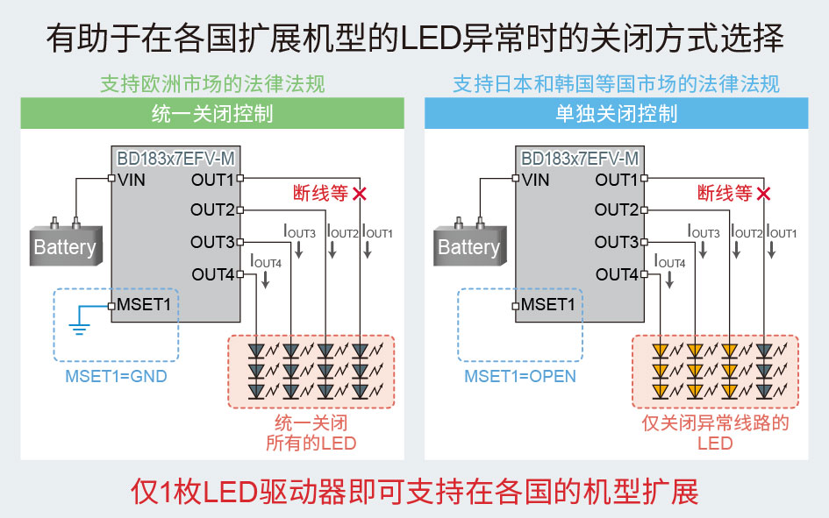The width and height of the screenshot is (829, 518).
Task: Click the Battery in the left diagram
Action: click(x=64, y=246)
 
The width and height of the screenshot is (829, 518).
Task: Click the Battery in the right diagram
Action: click(x=468, y=246)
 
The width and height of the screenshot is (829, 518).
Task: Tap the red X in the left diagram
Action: click(x=359, y=194)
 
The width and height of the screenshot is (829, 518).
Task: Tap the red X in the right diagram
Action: click(x=763, y=194)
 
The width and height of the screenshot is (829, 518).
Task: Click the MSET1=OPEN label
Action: click(x=520, y=376)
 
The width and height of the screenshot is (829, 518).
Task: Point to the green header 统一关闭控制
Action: click(x=212, y=114)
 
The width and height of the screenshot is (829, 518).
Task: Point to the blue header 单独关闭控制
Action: click(x=616, y=114)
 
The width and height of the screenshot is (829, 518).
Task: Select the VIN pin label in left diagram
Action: click(x=132, y=180)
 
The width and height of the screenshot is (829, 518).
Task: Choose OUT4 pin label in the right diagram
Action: click(x=617, y=275)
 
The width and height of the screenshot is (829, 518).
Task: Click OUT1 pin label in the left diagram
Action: click(x=212, y=180)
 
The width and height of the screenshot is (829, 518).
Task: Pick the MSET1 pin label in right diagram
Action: click(x=548, y=305)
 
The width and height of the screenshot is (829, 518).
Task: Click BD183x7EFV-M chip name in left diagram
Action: click(x=176, y=159)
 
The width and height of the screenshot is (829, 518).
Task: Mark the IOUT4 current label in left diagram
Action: click(x=266, y=261)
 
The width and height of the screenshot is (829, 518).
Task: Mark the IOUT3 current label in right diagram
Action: click(x=702, y=232)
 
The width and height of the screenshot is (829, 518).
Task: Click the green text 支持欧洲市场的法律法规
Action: click(x=212, y=84)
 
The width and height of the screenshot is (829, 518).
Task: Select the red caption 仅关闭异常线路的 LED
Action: click(x=715, y=433)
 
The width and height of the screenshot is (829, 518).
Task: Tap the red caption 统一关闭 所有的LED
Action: click(x=311, y=433)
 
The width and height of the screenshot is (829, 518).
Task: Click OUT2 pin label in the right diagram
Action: click(x=617, y=210)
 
